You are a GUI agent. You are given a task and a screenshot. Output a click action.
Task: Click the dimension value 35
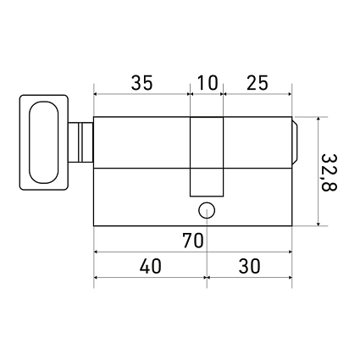(x=142, y=83)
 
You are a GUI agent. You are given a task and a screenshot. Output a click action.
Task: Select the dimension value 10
(x=208, y=83)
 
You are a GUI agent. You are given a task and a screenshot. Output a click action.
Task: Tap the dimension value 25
(x=258, y=83)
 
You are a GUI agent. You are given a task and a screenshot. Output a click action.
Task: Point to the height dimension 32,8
(x=329, y=173)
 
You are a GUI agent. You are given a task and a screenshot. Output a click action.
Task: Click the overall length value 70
(x=193, y=241)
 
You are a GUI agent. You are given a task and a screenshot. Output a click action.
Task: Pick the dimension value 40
(x=151, y=266)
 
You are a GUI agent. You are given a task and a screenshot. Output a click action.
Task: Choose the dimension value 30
(x=249, y=266)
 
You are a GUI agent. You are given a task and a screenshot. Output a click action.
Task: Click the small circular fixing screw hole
(x=207, y=210)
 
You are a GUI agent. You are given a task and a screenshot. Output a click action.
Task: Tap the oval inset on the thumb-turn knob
(x=44, y=142)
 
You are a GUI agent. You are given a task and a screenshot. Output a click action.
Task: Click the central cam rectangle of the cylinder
(x=207, y=157)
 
